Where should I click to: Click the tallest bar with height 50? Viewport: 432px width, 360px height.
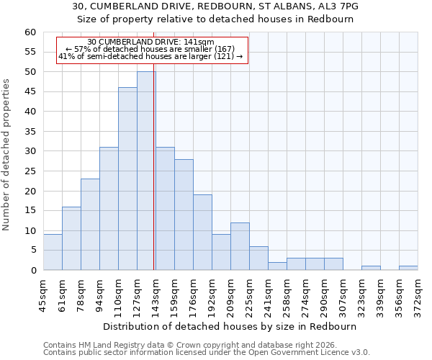(x=146, y=171)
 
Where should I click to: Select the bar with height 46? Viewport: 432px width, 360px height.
(x=127, y=179)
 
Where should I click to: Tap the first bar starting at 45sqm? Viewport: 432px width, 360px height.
(x=53, y=252)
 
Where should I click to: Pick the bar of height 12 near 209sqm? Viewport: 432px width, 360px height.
(x=240, y=246)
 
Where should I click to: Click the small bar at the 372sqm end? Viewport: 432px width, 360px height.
(x=408, y=268)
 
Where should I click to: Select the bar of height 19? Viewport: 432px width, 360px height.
(x=202, y=233)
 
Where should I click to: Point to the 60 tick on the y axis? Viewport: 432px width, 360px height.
(x=30, y=32)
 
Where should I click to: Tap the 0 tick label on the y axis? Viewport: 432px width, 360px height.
(x=33, y=271)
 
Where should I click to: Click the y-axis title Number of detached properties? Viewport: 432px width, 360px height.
(x=7, y=155)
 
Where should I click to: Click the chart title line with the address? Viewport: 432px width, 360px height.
(x=215, y=6)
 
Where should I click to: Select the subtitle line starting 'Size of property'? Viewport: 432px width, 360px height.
(x=215, y=19)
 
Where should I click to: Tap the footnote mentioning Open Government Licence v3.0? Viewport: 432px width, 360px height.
(x=207, y=352)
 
